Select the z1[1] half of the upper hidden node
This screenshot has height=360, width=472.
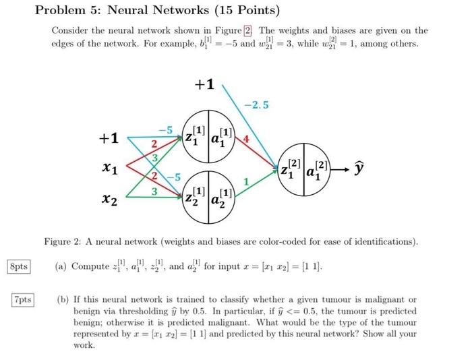196,136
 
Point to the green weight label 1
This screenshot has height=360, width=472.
247,181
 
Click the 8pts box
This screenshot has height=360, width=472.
18,266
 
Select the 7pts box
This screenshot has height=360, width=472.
23,299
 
